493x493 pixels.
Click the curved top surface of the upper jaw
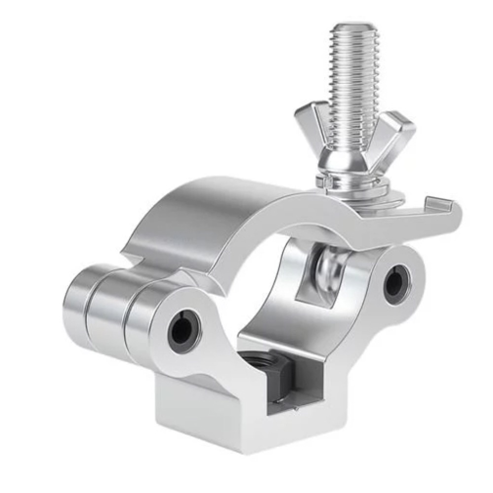tap(217, 207)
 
